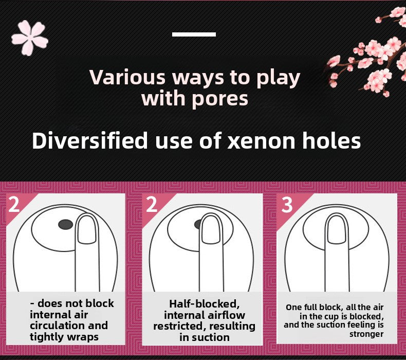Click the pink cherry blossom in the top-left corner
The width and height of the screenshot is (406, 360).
click(30, 38)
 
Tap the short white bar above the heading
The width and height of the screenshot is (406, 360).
click(194, 34)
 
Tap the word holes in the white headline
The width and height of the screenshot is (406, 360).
click(330, 140)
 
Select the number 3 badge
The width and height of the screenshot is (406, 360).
click(287, 205)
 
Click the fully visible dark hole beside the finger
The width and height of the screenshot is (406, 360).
click(65, 224)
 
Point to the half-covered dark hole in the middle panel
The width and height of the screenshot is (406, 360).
click(198, 224)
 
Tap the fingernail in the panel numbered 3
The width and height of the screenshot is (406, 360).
click(337, 228)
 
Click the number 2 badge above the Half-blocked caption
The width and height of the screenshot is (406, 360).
click(152, 205)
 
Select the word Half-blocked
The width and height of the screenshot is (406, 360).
click(204, 303)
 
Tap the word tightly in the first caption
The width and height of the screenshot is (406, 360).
click(47, 337)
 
